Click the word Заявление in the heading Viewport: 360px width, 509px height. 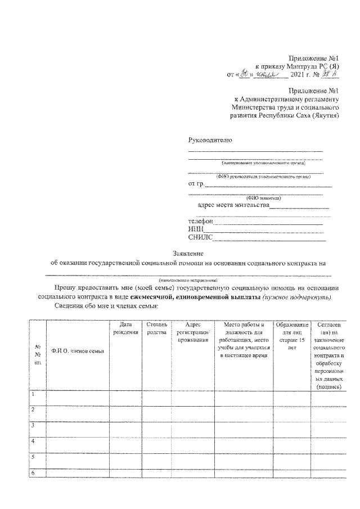188,253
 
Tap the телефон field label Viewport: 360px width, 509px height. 201,222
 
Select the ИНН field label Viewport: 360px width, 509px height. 196,229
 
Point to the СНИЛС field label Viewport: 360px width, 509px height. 199,237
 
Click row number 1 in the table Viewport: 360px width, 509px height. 34,394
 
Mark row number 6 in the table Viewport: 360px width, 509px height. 34,472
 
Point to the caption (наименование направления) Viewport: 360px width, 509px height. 188,279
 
